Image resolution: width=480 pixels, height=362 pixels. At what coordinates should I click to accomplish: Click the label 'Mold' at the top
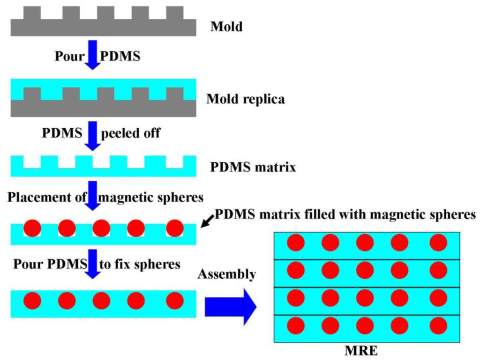click(x=226, y=26)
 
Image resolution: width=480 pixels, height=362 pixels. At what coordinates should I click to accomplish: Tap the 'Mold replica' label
click(x=245, y=100)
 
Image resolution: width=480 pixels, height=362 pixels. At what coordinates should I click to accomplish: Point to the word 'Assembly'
click(x=226, y=274)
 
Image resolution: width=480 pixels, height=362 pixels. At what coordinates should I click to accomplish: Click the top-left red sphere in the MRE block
click(x=296, y=242)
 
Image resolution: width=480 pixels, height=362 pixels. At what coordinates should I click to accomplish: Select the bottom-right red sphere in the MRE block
click(x=439, y=325)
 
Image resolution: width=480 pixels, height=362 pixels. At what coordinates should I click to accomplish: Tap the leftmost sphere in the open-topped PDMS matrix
click(x=32, y=228)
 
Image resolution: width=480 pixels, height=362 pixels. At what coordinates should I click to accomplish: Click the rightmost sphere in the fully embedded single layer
click(x=174, y=300)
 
